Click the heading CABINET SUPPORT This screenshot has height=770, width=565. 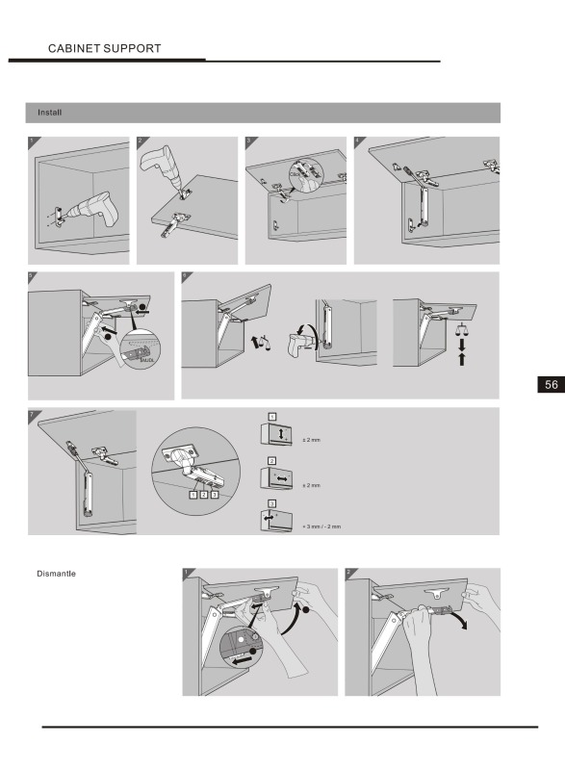click(x=104, y=48)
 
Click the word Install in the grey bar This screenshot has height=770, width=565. click(x=50, y=113)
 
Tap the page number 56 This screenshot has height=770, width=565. click(x=551, y=384)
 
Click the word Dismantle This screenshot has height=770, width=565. click(x=57, y=575)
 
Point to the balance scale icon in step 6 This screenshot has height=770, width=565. click(x=462, y=328)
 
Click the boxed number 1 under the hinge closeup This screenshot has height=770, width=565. click(x=193, y=494)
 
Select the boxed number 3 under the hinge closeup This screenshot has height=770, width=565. click(x=215, y=494)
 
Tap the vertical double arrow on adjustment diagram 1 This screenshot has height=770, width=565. click(x=281, y=436)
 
